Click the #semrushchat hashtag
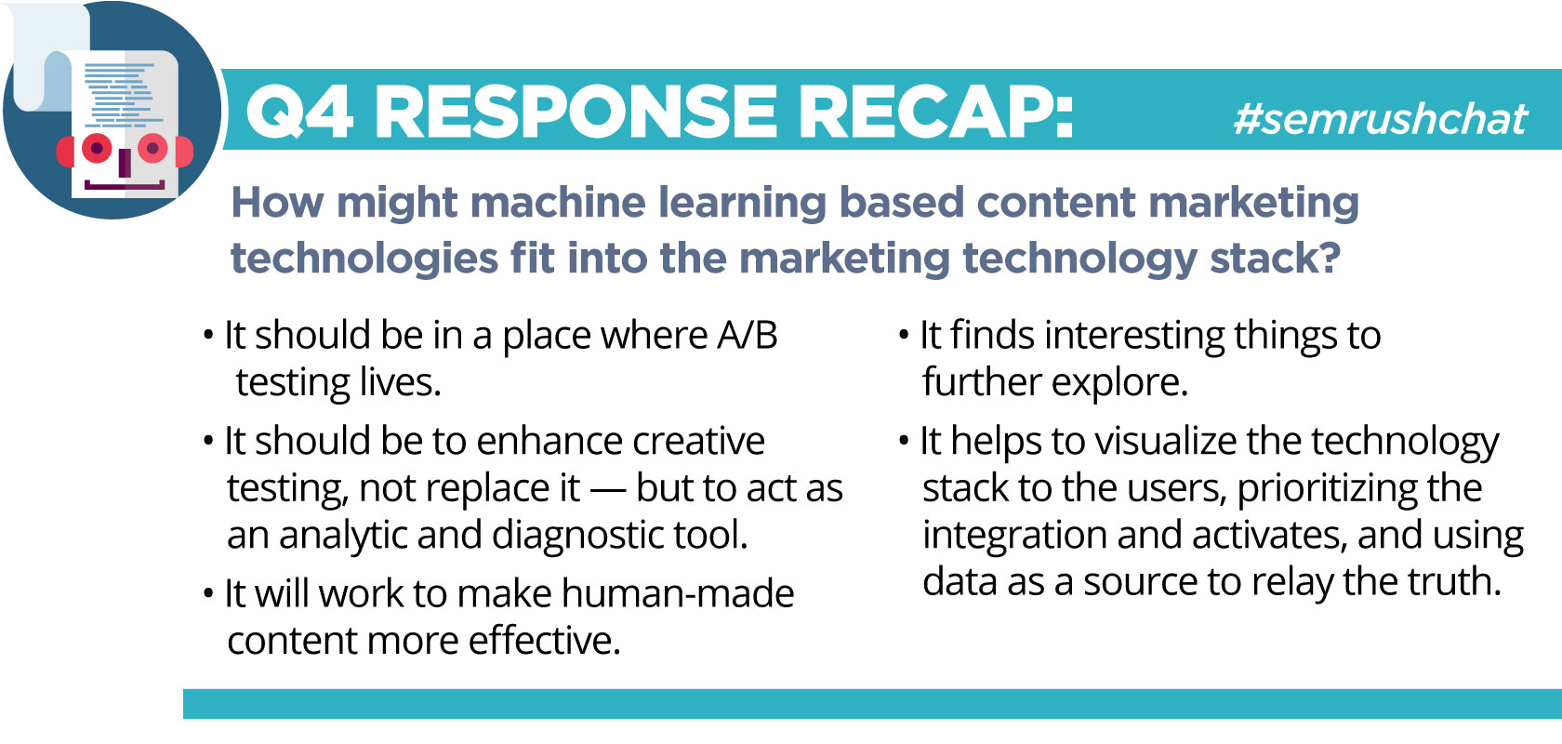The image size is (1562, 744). pyautogui.click(x=1381, y=119)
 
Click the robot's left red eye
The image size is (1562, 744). pyautogui.click(x=97, y=148)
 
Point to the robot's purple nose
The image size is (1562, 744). pyautogui.click(x=125, y=163)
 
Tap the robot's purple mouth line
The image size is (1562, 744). pyautogui.click(x=125, y=185)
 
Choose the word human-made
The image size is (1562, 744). pyautogui.click(x=678, y=593)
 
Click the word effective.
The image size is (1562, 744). pyautogui.click(x=544, y=640)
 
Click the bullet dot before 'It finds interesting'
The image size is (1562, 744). pyautogui.click(x=904, y=336)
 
